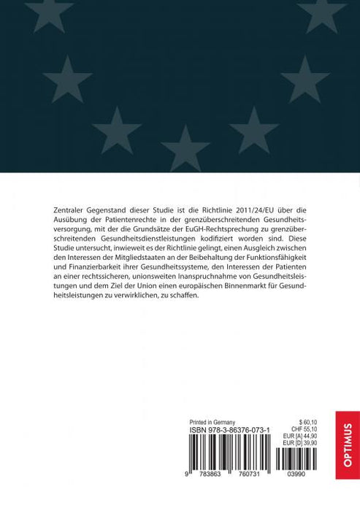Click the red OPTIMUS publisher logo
click(348, 445)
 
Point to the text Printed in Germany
click(212, 422)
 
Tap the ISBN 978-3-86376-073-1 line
click(230, 431)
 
